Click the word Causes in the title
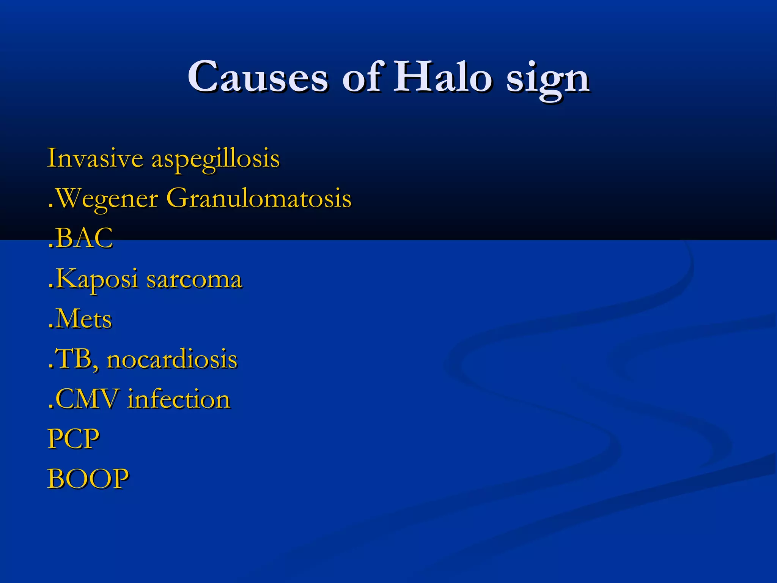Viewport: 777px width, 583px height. click(x=258, y=77)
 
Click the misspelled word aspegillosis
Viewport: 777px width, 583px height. click(x=215, y=159)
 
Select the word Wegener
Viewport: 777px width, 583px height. click(x=107, y=199)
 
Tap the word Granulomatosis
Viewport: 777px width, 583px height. click(x=259, y=198)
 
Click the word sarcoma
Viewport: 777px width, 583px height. click(x=194, y=280)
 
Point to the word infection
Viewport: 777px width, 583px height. click(x=179, y=399)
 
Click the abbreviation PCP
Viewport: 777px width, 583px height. click(x=73, y=439)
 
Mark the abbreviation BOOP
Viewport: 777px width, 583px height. click(x=88, y=479)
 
